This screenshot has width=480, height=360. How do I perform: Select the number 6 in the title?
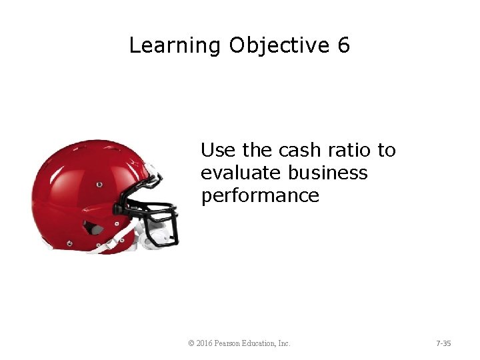pyautogui.click(x=343, y=45)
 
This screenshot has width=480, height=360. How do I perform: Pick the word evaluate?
pyautogui.click(x=241, y=173)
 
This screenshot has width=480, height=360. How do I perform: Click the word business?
pyautogui.click(x=328, y=173)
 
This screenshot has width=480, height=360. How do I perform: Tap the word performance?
pyautogui.click(x=260, y=197)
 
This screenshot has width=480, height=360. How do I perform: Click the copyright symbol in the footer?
pyautogui.click(x=191, y=343)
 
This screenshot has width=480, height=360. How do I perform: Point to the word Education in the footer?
pyautogui.click(x=262, y=343)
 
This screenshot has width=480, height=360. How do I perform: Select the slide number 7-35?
pyautogui.click(x=443, y=343)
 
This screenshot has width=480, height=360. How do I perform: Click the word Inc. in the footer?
pyautogui.click(x=284, y=343)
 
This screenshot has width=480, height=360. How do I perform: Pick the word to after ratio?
pyautogui.click(x=387, y=151)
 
